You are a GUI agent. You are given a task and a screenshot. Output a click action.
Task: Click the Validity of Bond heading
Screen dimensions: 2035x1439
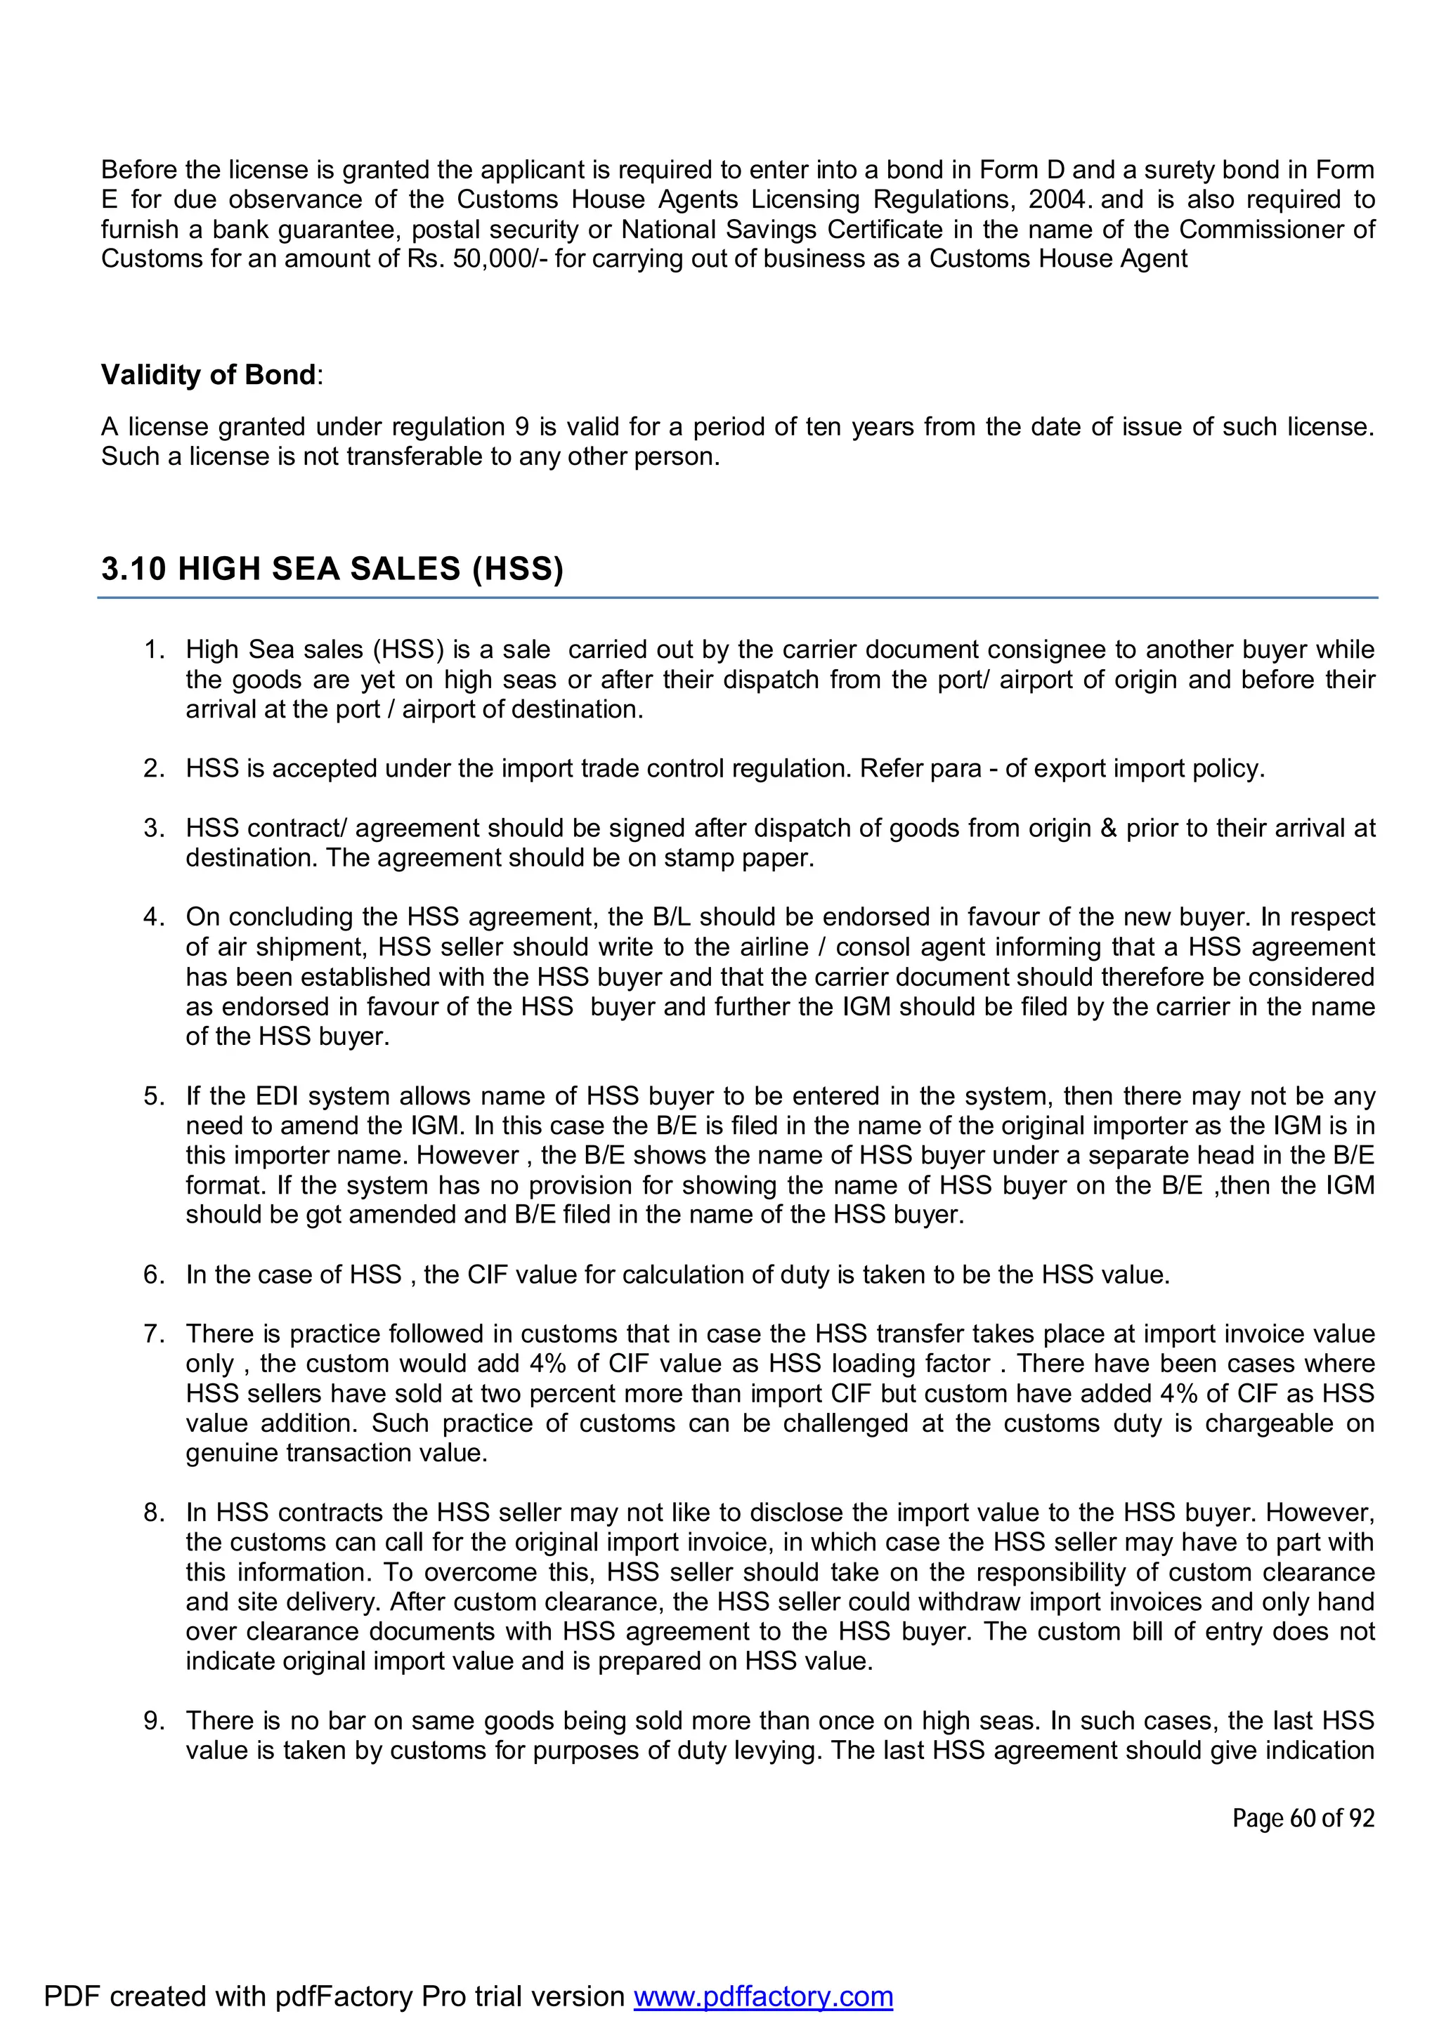tap(209, 375)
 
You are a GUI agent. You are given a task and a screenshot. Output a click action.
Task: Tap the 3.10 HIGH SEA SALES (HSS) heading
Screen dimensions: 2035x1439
tap(332, 568)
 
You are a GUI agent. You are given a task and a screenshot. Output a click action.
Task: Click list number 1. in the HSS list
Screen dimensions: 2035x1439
tap(155, 650)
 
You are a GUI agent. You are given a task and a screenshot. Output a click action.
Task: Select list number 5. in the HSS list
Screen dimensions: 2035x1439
tap(155, 1096)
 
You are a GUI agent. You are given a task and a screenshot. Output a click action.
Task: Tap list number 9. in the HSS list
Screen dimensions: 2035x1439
tap(155, 1720)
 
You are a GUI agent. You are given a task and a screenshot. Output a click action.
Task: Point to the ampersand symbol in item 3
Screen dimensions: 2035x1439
tap(1107, 828)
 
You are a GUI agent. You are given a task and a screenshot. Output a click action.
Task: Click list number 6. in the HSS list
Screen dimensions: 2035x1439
tap(155, 1275)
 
